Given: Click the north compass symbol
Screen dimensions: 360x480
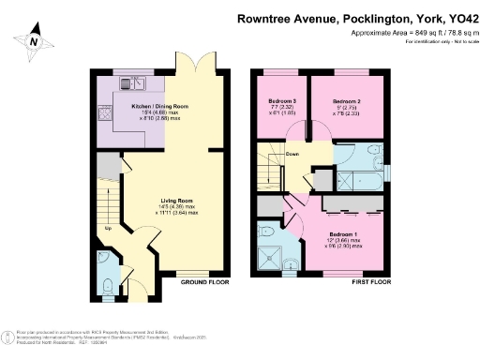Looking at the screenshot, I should point(35,41).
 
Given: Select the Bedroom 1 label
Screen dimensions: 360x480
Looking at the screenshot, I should point(343,234).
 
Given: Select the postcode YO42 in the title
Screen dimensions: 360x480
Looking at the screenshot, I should point(457,16).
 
